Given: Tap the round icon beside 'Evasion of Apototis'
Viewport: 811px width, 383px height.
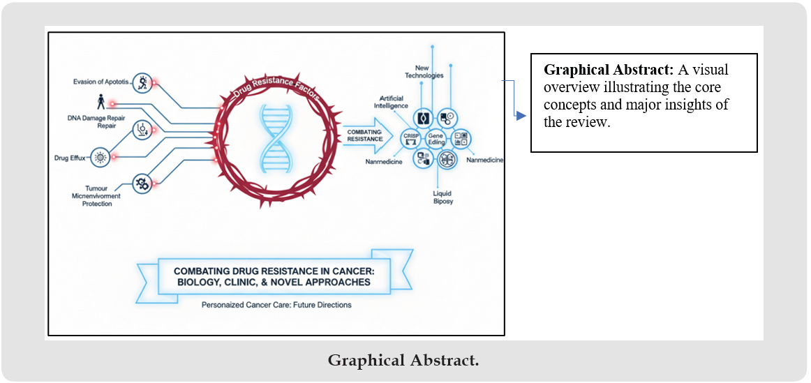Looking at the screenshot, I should (142, 82).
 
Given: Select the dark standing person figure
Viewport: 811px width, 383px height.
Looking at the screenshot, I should (102, 102).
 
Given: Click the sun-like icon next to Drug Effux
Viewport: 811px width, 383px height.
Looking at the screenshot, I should (101, 158).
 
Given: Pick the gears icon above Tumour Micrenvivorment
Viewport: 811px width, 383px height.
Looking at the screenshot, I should (142, 183).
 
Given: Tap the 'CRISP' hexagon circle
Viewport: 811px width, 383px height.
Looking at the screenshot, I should (410, 137).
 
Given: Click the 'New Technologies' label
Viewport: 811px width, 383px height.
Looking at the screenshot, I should (424, 71).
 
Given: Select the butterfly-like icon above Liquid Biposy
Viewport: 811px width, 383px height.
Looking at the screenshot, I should (447, 160).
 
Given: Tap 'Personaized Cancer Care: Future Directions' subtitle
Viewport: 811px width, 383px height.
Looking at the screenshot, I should (276, 305).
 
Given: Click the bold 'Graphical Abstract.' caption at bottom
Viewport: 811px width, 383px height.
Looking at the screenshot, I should (403, 361).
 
